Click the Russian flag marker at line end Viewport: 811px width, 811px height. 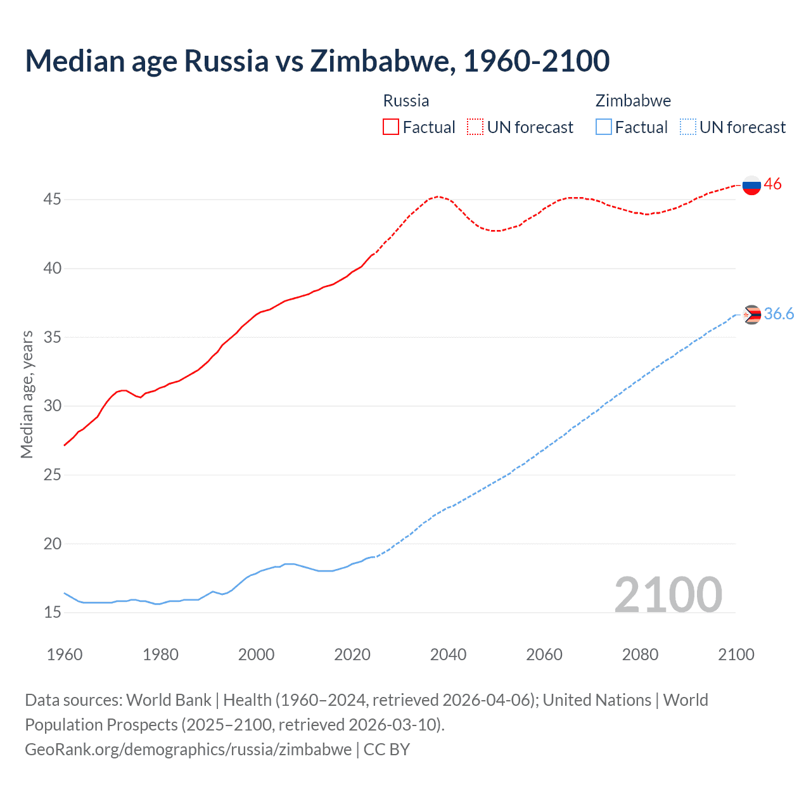coord(751,186)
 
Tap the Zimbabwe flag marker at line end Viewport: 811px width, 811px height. coord(752,314)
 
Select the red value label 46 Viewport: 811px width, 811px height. coord(772,184)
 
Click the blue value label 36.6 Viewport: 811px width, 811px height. coord(779,314)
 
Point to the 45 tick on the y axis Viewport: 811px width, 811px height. coord(52,200)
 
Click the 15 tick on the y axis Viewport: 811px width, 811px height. coord(52,613)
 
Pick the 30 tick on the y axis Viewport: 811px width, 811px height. coord(52,406)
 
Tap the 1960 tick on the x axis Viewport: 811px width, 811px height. coord(65,655)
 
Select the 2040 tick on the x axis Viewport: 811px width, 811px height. coord(448,655)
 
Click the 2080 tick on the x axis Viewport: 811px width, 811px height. coord(640,655)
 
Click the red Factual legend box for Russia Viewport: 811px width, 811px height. coord(391,127)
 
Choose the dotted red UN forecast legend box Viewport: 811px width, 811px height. coord(475,127)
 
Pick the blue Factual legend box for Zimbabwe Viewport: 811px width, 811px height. coord(604,127)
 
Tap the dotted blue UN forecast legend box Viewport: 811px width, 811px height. coord(687,127)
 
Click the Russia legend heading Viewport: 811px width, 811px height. coord(406,101)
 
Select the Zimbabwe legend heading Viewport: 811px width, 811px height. coord(633,101)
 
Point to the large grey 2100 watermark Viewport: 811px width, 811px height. coord(668,594)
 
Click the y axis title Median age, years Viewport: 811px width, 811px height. coord(27,394)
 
